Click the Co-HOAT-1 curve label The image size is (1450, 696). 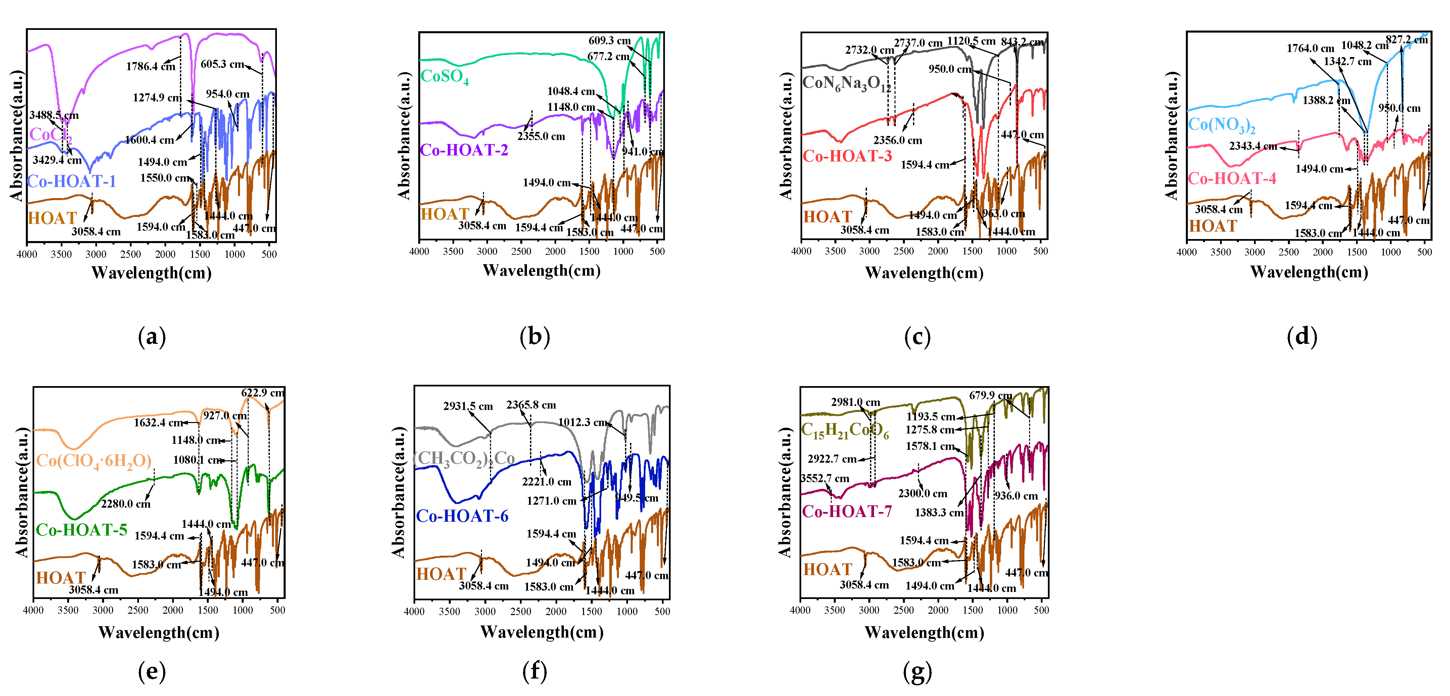[x=71, y=181]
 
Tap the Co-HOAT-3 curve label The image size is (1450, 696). [x=847, y=156]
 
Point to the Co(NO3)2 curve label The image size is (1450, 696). [x=1221, y=125]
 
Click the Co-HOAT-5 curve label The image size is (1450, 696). [x=82, y=530]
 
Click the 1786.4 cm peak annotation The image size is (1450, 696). [x=150, y=66]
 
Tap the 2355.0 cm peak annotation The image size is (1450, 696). [x=541, y=136]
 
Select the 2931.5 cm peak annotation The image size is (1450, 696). [x=468, y=406]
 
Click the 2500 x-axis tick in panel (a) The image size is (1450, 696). [x=131, y=254]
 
